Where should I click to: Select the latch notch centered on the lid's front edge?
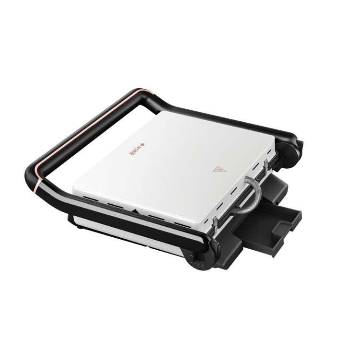[136, 211]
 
